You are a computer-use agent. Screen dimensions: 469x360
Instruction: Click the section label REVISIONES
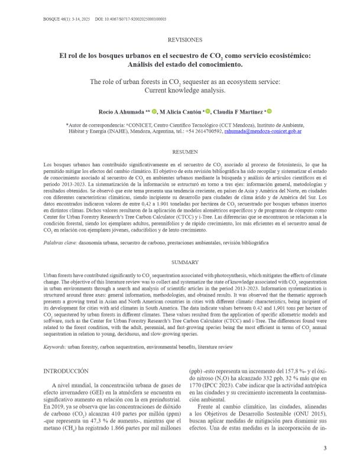click(185, 40)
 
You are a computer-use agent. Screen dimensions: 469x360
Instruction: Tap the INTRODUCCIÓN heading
click(66, 370)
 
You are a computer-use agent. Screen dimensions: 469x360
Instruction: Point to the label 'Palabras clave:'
click(61, 227)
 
